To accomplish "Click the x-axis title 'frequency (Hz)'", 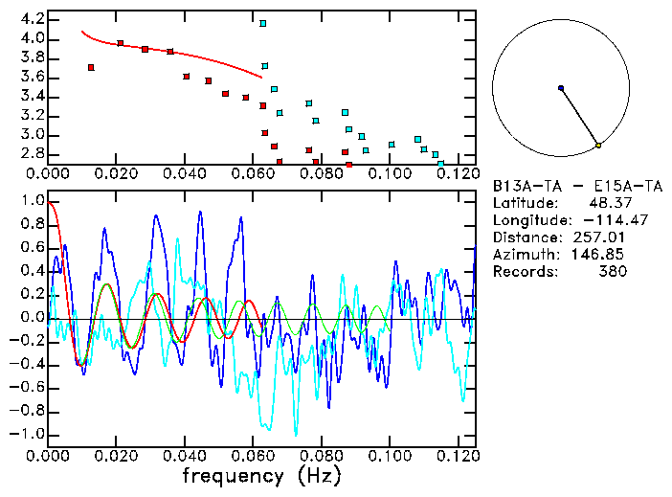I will coord(261,476).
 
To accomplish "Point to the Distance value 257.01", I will coord(603,237).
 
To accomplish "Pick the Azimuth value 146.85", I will coord(603,255).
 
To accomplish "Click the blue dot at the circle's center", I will coord(561,88).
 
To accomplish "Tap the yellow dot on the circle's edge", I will coord(598,145).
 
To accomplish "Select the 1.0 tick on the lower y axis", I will coord(31,202).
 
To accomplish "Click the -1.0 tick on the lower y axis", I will coord(27,434).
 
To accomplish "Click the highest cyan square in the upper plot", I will coord(263,23).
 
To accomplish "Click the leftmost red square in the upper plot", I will coord(91,67).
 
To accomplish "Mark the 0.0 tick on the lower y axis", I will coord(31,318).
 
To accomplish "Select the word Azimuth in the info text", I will coord(523,255).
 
